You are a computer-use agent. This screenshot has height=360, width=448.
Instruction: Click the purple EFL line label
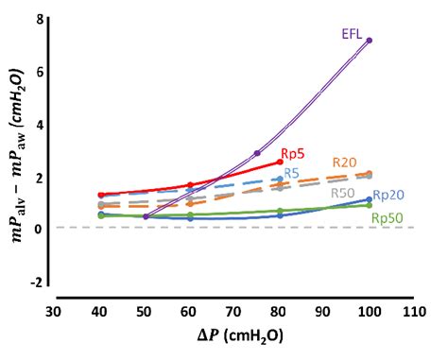[x=352, y=33]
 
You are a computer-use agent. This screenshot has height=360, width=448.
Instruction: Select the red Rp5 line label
[x=293, y=152]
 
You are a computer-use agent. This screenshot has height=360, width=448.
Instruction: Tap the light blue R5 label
[x=292, y=173]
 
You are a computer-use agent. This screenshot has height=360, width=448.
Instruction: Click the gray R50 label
[x=342, y=193]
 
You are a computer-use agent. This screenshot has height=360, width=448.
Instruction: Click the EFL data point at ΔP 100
[x=370, y=40]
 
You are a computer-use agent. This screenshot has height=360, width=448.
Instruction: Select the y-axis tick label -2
[x=36, y=282]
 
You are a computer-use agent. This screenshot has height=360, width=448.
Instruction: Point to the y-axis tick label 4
[x=38, y=124]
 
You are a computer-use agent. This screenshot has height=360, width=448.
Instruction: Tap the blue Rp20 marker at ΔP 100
[x=370, y=199]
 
